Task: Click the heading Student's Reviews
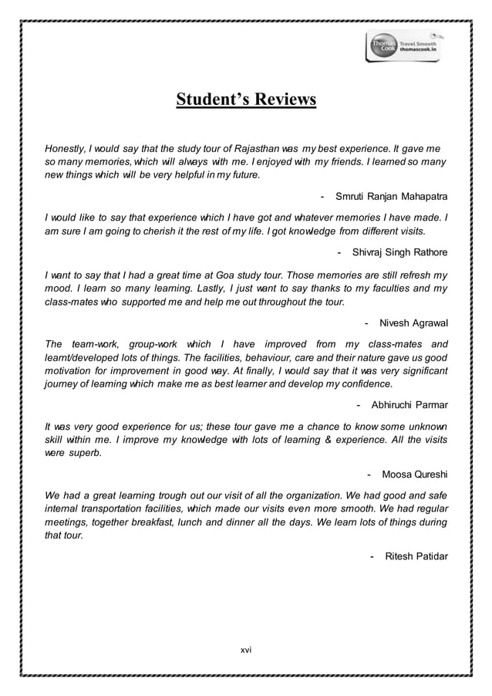pos(246,101)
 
